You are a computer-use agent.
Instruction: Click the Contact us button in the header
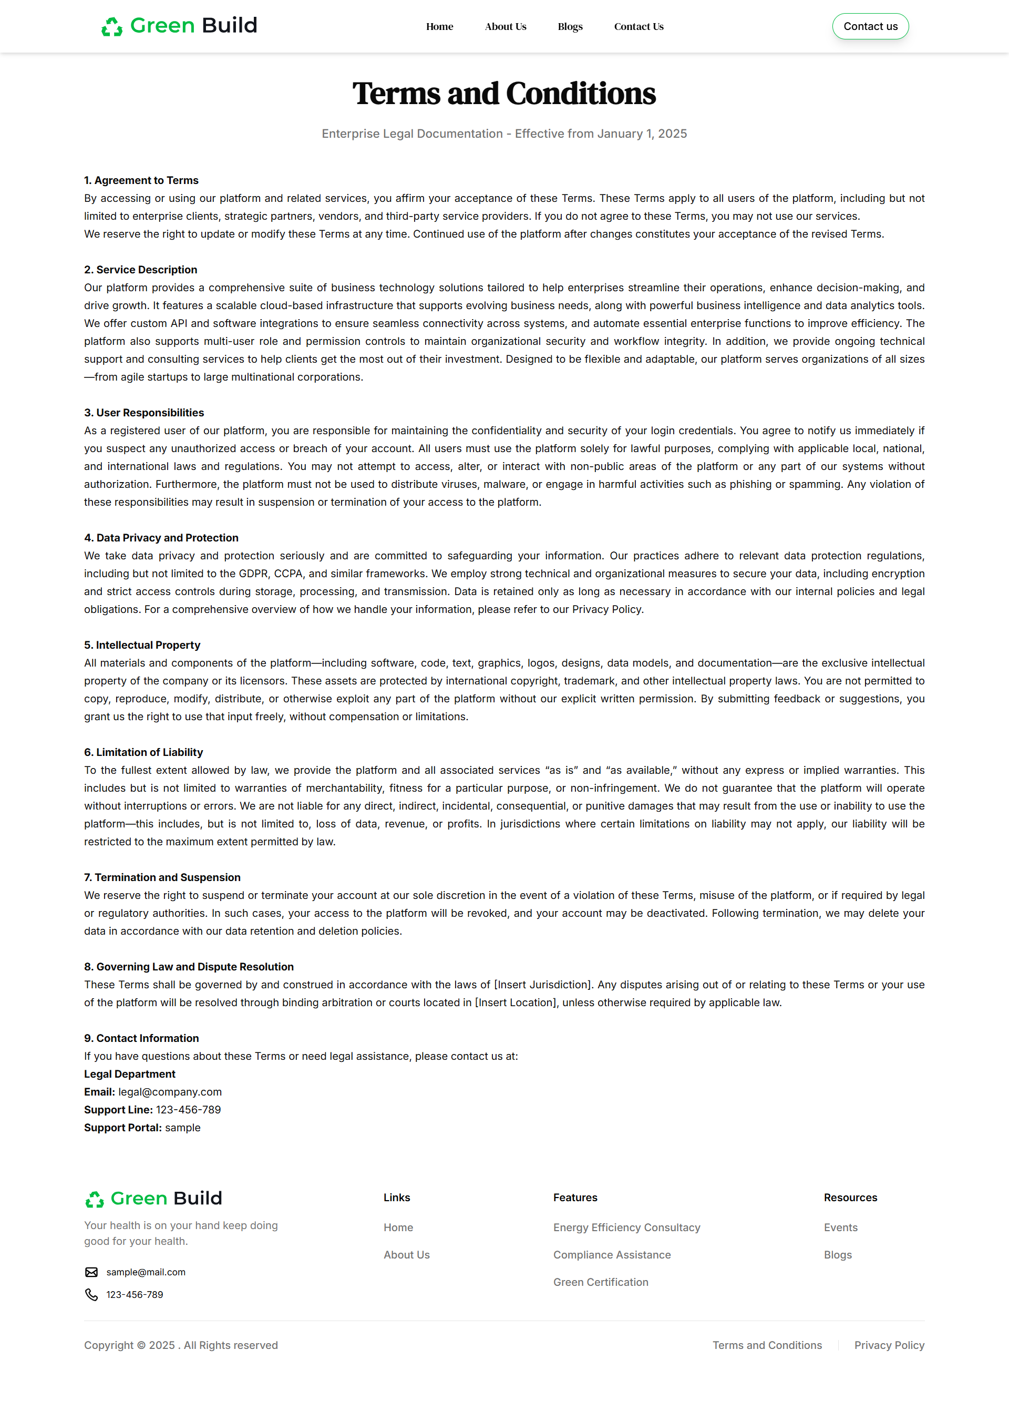870,26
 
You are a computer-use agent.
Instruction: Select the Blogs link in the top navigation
570,27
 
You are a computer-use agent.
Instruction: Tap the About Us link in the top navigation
505,27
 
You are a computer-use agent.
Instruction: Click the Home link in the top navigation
439,27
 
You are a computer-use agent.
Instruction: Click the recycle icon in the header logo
112,27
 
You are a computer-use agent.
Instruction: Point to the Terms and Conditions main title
504,94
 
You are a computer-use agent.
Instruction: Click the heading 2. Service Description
140,270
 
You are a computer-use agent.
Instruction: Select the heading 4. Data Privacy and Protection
161,538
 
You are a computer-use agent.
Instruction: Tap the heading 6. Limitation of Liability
143,752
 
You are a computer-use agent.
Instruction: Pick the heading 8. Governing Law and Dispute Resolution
188,966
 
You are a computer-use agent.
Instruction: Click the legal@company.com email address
170,1092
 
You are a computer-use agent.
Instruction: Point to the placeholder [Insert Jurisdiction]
542,985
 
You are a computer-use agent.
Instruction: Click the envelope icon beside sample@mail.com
91,1272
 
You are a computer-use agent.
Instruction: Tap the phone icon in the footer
91,1295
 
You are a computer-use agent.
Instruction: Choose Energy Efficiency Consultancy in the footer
626,1227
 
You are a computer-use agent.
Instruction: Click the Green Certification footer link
600,1282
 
